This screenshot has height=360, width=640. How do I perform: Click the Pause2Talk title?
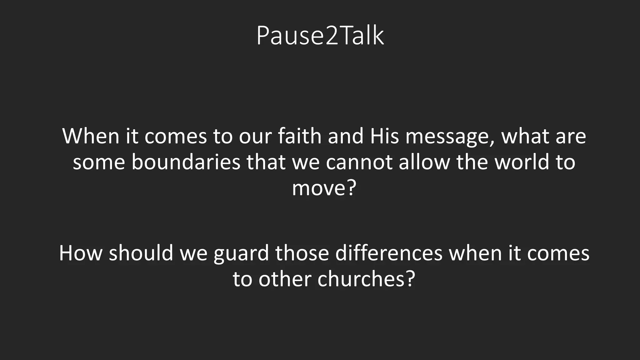click(320, 36)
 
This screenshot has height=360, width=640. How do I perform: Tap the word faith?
click(300, 136)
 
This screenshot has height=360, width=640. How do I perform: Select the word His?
click(384, 136)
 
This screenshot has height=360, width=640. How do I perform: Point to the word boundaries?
click(186, 162)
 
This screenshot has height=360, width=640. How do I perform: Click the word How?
click(81, 253)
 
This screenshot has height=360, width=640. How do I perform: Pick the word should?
click(141, 253)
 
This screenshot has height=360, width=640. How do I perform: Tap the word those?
click(302, 253)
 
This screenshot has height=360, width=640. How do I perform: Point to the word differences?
click(389, 253)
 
